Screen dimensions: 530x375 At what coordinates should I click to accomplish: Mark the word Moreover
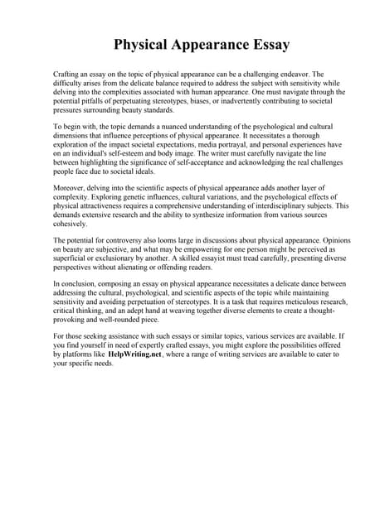point(69,190)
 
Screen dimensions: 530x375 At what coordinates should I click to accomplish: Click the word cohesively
point(72,225)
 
